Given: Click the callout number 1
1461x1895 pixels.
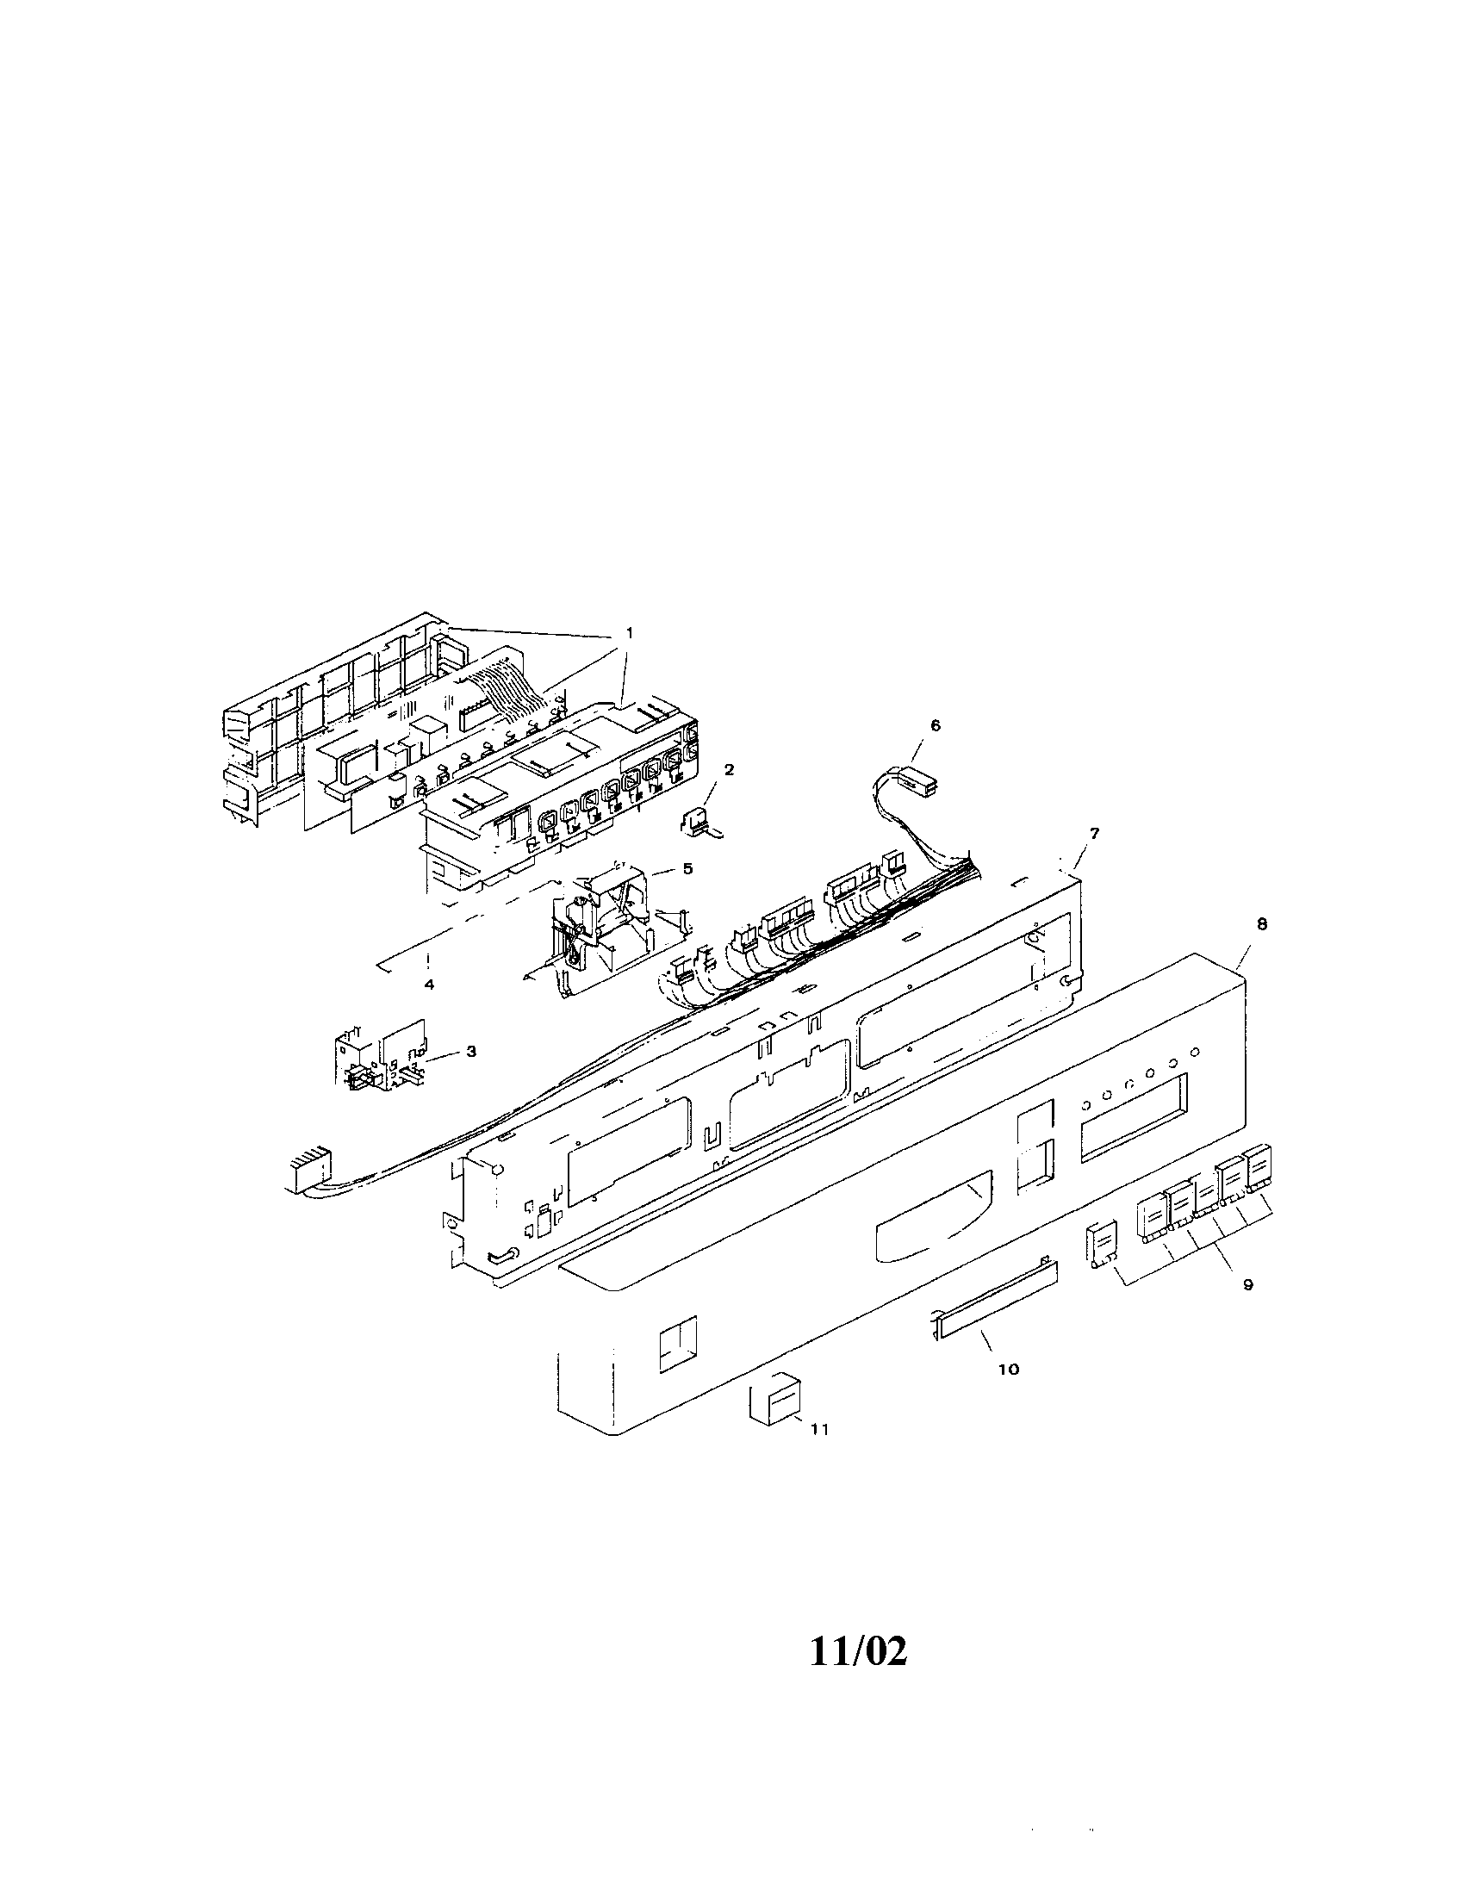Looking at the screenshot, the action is (x=629, y=632).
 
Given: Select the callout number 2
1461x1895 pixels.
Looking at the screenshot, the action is (x=729, y=768).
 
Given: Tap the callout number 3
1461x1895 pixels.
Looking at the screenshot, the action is (x=471, y=1051).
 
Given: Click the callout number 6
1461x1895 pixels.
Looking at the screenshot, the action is (x=936, y=725).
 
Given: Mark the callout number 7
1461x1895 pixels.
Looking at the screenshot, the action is (x=1095, y=833).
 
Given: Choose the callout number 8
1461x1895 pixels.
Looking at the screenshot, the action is (x=1262, y=925).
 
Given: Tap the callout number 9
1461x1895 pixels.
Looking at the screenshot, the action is (x=1247, y=1285).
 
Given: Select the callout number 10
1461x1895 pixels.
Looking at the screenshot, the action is (x=1009, y=1370).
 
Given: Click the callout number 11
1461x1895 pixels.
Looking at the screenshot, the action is (x=819, y=1429).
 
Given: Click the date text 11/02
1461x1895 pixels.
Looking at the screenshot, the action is (x=859, y=1652).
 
